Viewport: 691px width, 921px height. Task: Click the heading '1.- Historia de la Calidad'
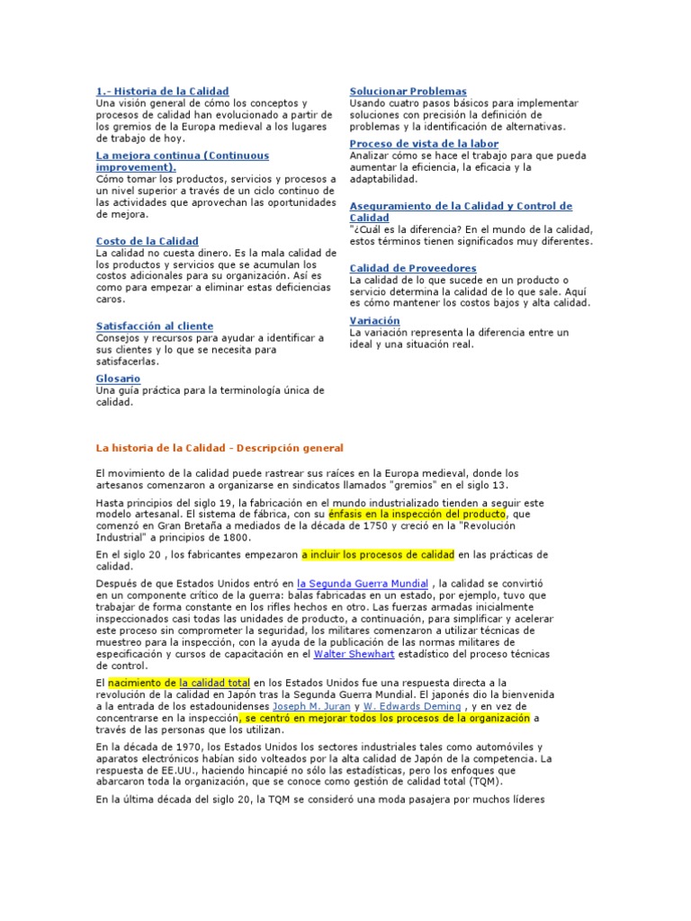click(162, 91)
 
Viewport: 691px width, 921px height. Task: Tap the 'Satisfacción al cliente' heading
click(154, 326)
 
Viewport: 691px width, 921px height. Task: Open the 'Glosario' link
click(118, 379)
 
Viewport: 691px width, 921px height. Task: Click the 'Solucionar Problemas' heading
click(408, 91)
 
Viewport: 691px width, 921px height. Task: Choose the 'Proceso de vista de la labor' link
click(424, 143)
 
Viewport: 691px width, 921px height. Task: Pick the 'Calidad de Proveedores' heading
click(412, 268)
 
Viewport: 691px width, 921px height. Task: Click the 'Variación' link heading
click(374, 320)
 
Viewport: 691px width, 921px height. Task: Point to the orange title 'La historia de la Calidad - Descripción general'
click(220, 447)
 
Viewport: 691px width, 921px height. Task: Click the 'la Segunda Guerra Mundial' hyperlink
click(363, 584)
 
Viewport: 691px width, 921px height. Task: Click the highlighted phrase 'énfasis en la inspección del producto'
click(417, 513)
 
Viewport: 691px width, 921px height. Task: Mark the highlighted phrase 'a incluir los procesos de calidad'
click(379, 554)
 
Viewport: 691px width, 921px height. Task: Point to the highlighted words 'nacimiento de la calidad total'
click(178, 683)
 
